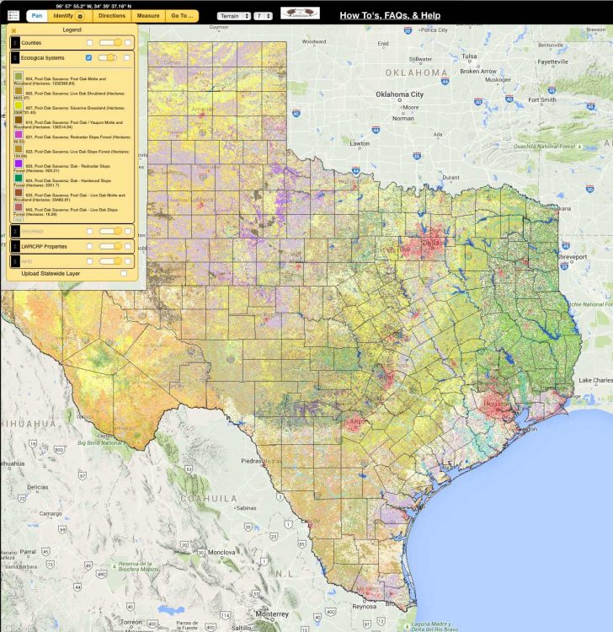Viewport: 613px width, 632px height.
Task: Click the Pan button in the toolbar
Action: (x=37, y=15)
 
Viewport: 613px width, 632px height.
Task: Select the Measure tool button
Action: (x=148, y=15)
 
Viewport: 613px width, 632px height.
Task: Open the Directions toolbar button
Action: (x=111, y=15)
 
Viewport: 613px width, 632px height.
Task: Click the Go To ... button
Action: (x=182, y=15)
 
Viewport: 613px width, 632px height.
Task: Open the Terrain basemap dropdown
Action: (x=233, y=16)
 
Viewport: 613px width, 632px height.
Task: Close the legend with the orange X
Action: (x=13, y=30)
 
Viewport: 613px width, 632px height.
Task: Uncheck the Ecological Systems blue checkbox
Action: (x=89, y=57)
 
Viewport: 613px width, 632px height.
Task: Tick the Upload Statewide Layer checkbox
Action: (x=125, y=273)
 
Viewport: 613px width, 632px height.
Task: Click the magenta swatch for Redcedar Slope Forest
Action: (x=19, y=134)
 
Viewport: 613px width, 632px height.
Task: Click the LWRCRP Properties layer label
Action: (x=44, y=246)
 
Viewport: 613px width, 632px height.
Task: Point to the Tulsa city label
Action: (x=469, y=56)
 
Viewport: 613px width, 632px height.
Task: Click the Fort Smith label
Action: (x=541, y=99)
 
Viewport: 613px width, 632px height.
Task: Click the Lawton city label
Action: (x=360, y=143)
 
